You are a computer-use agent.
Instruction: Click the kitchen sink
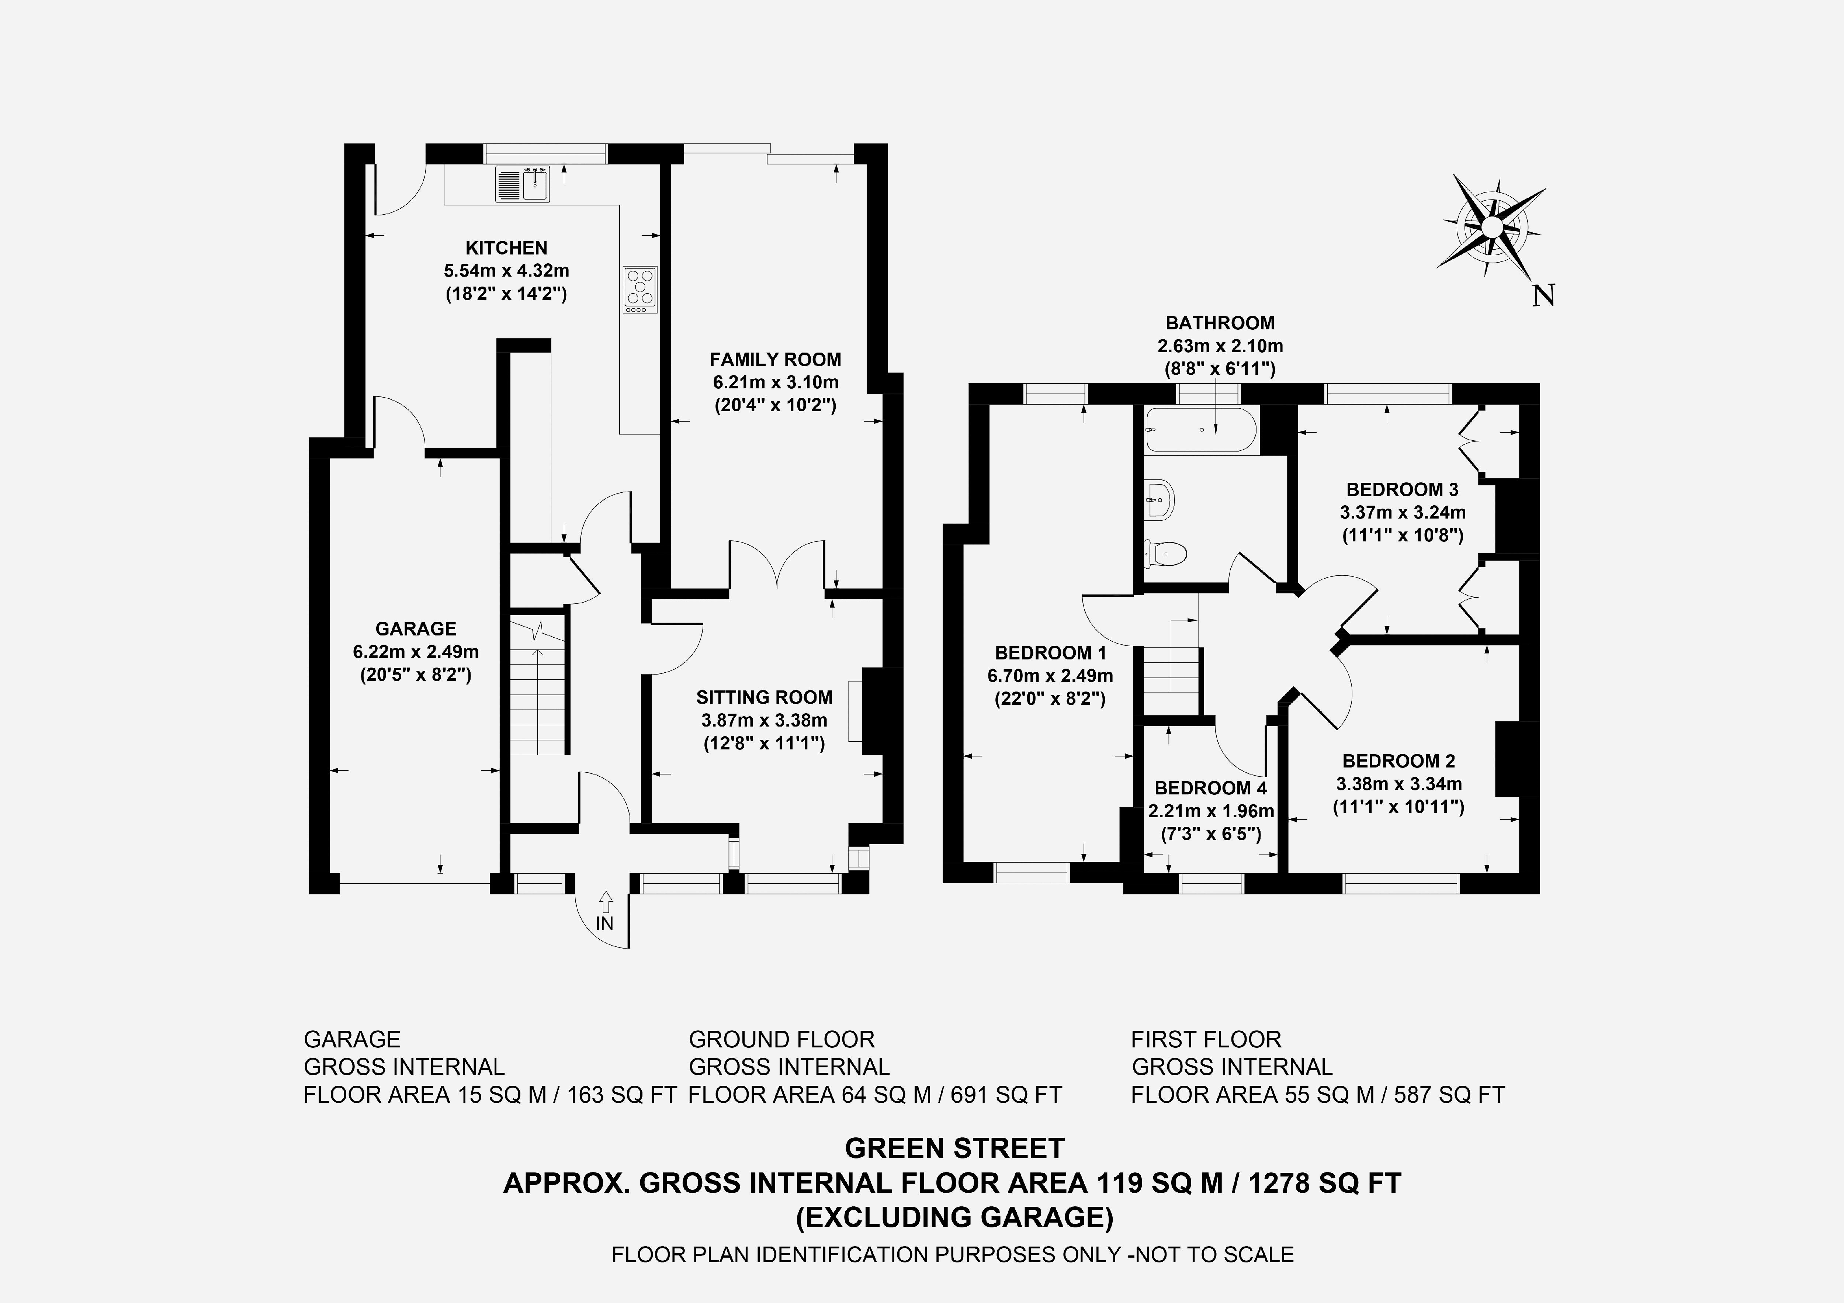tap(523, 184)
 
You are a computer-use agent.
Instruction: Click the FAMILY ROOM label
tap(775, 359)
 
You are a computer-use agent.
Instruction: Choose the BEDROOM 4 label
tap(1210, 788)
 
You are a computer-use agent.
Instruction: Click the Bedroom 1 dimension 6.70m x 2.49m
tap(1050, 676)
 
